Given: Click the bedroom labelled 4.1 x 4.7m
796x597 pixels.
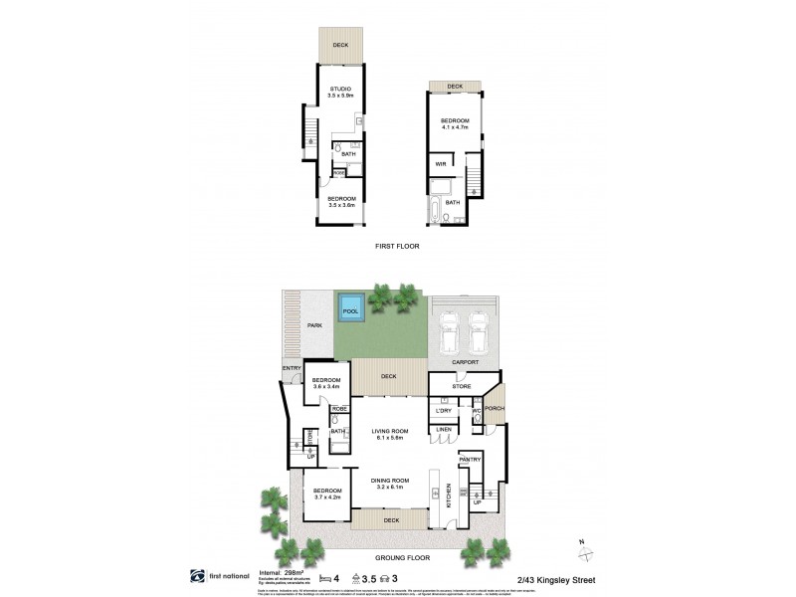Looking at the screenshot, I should click(x=455, y=123).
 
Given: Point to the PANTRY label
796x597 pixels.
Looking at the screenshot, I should click(x=470, y=459).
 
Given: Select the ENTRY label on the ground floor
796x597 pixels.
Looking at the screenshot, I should click(x=292, y=369).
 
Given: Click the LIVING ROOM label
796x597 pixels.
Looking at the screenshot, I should click(x=391, y=432).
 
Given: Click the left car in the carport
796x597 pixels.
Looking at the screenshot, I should click(x=448, y=333).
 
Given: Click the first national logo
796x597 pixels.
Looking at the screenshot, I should click(x=212, y=576).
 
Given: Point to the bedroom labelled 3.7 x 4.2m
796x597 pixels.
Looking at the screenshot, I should click(x=326, y=495).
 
